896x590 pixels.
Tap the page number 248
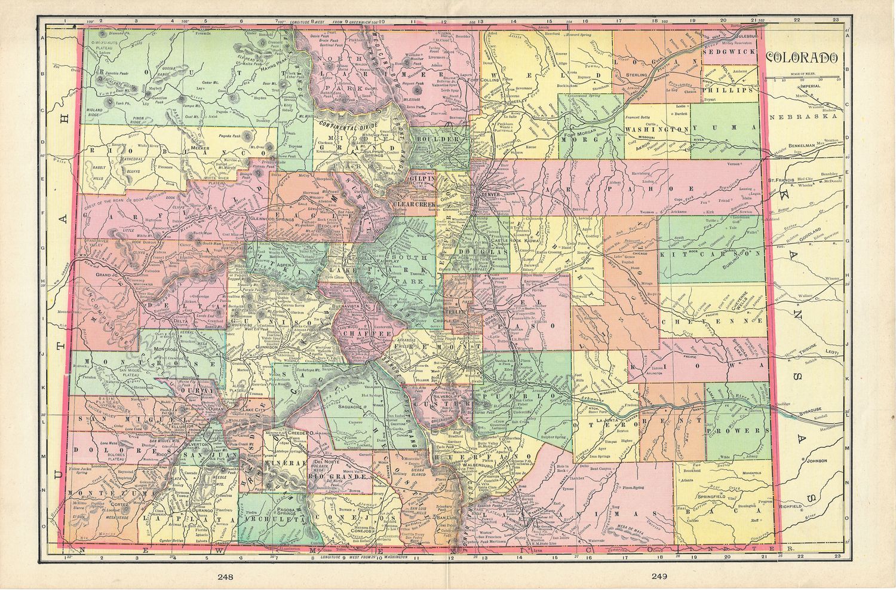click(226, 576)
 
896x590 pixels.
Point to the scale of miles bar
click(803, 76)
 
